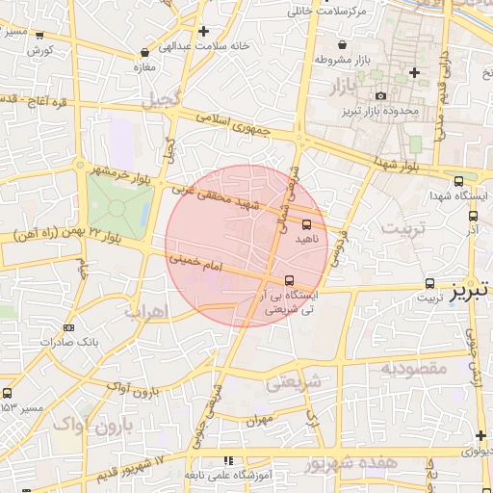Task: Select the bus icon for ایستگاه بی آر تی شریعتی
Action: pyautogui.click(x=291, y=281)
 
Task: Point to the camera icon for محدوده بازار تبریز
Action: pyautogui.click(x=380, y=95)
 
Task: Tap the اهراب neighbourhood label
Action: pyautogui.click(x=146, y=311)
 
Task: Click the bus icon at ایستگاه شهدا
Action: pyautogui.click(x=458, y=179)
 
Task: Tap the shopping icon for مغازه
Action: pyautogui.click(x=145, y=52)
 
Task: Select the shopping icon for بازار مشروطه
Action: pyautogui.click(x=342, y=43)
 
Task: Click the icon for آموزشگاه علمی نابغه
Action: pyautogui.click(x=228, y=461)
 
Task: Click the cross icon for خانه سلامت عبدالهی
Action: pyautogui.click(x=203, y=31)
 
